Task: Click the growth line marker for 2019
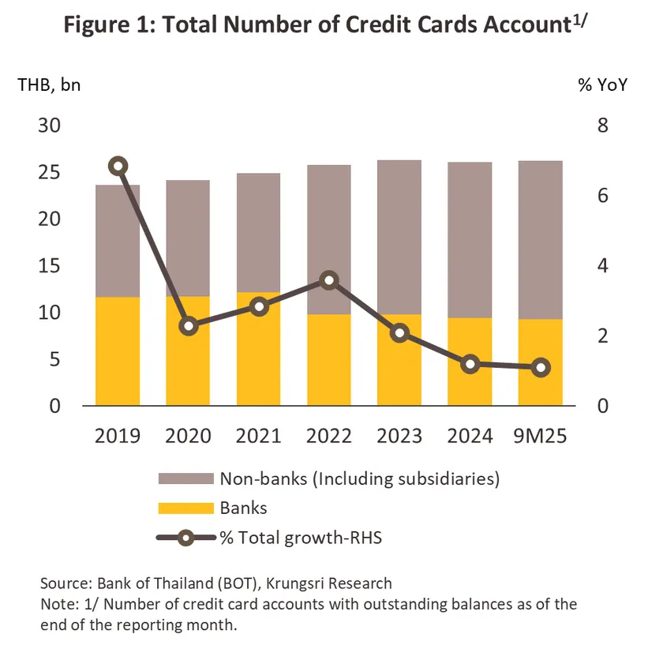click(118, 166)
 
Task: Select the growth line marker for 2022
click(329, 280)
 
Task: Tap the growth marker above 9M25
click(541, 367)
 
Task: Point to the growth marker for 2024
click(470, 364)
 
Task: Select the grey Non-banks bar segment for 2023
click(399, 237)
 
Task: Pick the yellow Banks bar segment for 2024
click(470, 362)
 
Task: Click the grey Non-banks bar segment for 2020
click(189, 238)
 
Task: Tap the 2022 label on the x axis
click(329, 435)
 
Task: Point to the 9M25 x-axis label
click(541, 435)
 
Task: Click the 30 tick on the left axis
click(50, 126)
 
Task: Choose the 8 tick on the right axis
click(604, 126)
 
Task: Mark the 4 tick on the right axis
click(604, 265)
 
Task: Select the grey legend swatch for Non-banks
click(186, 478)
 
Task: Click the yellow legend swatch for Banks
click(186, 508)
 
